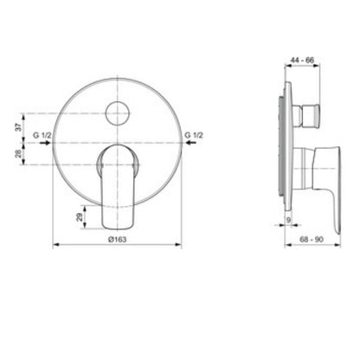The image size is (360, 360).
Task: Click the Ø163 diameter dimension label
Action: coord(117,239)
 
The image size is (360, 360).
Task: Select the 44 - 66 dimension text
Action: coord(302,60)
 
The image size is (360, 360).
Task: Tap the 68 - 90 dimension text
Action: coord(312,239)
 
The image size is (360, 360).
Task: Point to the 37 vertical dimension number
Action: coord(18,127)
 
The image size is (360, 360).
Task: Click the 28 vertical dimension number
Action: coord(18,154)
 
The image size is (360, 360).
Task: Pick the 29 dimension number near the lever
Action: coord(79,217)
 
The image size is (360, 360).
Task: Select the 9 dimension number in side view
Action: coord(289,220)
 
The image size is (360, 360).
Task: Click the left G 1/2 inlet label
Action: coord(42,135)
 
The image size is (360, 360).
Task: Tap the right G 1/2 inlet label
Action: coord(194,135)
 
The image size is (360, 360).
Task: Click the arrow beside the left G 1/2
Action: coord(46,143)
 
